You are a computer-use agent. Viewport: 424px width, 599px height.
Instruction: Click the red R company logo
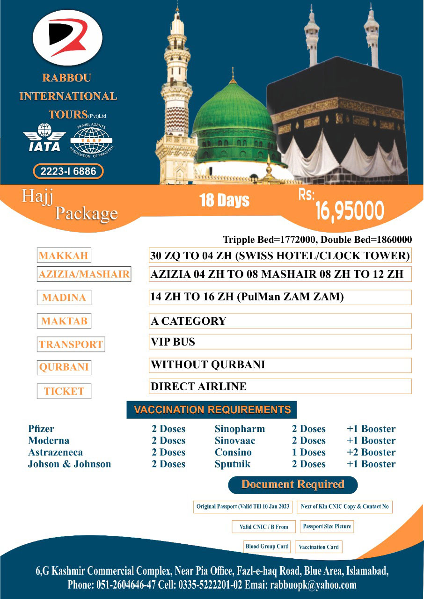pyautogui.click(x=67, y=37)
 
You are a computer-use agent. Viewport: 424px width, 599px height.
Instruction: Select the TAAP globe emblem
pyautogui.click(x=92, y=139)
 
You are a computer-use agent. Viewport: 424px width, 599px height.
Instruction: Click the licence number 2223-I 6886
pyautogui.click(x=68, y=171)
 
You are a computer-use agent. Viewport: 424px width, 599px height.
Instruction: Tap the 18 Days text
pyautogui.click(x=224, y=201)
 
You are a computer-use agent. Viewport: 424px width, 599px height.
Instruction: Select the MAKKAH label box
pyautogui.click(x=64, y=256)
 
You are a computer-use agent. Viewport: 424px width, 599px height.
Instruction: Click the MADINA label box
pyautogui.click(x=64, y=298)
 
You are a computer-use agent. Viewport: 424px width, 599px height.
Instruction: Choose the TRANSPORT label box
pyautogui.click(x=71, y=344)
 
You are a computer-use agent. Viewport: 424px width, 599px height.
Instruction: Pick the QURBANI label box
pyautogui.click(x=64, y=367)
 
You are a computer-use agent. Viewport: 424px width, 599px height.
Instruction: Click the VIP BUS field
pyautogui.click(x=280, y=342)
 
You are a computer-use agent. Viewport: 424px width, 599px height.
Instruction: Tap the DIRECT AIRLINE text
pyautogui.click(x=198, y=387)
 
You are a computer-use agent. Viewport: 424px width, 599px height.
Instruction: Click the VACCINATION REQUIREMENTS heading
pyautogui.click(x=212, y=410)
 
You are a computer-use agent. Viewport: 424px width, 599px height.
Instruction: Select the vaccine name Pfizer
pyautogui.click(x=41, y=429)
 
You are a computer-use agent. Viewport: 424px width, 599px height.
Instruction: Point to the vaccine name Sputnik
pyautogui.click(x=233, y=464)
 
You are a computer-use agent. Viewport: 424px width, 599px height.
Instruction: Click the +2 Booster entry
pyautogui.click(x=371, y=453)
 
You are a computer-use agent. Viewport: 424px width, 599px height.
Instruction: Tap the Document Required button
pyautogui.click(x=292, y=484)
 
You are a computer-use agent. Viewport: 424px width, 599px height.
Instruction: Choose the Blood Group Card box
pyautogui.click(x=267, y=547)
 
